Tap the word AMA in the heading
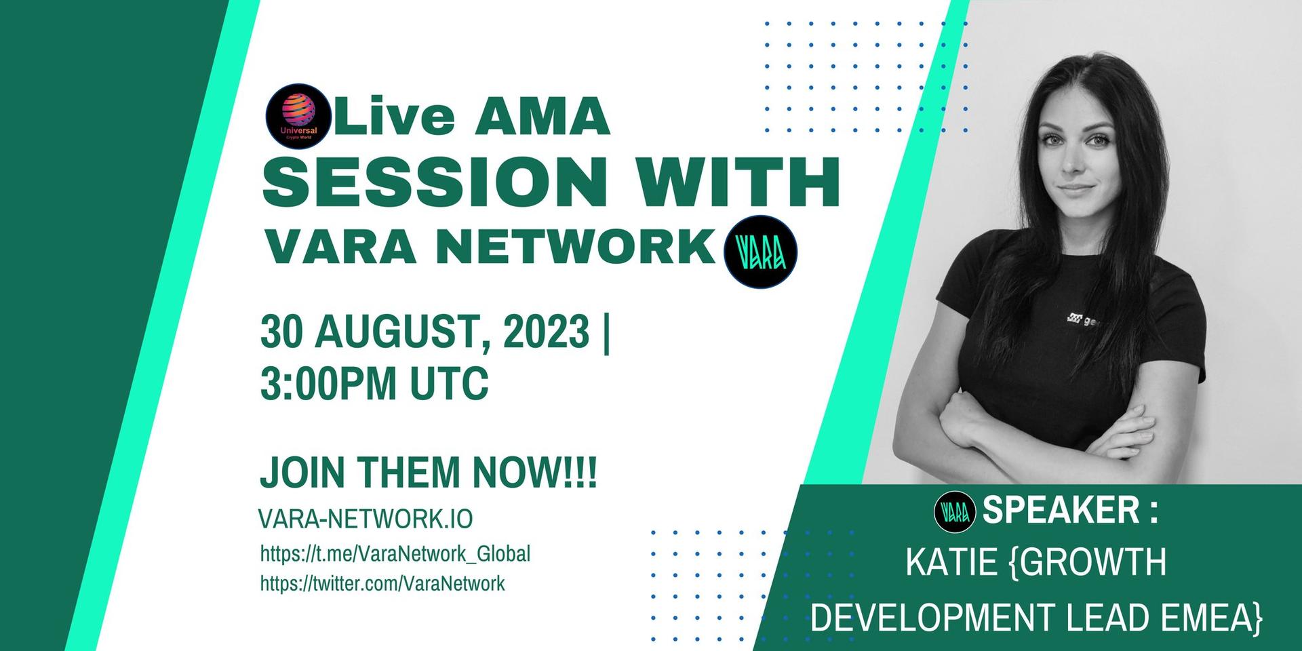click(x=542, y=115)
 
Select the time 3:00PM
click(x=328, y=383)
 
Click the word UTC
click(x=449, y=383)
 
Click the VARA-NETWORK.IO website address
click(x=366, y=519)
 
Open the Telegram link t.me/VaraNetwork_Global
click(x=395, y=553)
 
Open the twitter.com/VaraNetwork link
click(x=382, y=583)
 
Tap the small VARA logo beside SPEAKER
click(x=955, y=513)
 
